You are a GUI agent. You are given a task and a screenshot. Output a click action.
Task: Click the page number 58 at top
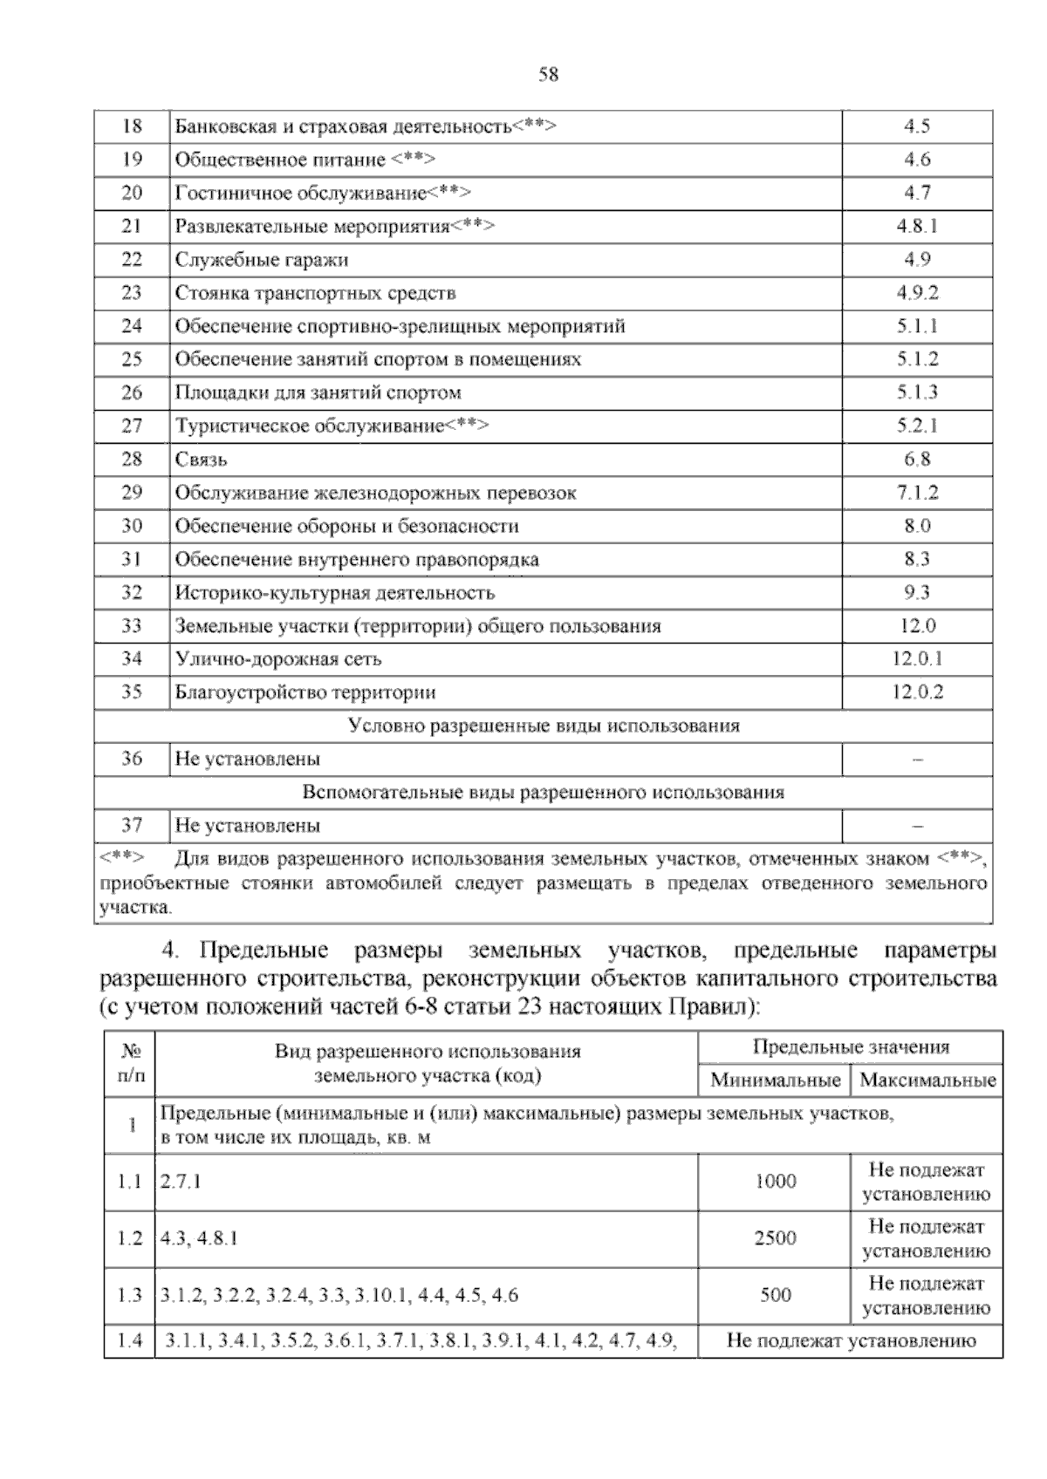[548, 75]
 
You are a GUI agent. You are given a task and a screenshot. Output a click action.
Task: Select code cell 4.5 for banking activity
[916, 126]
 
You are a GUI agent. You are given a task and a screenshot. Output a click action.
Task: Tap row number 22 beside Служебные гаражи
[132, 259]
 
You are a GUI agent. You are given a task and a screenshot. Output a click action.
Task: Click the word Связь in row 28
[202, 460]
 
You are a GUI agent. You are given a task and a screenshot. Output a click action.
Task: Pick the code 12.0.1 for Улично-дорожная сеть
[916, 659]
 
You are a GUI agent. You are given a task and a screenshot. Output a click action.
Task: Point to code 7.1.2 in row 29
[916, 493]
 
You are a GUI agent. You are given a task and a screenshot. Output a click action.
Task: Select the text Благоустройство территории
[305, 692]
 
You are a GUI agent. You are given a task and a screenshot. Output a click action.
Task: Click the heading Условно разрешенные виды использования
[543, 726]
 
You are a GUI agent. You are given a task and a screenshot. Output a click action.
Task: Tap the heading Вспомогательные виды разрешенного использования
[543, 793]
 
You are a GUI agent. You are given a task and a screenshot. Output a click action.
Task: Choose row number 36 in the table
[132, 759]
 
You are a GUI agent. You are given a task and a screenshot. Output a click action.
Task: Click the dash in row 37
[917, 826]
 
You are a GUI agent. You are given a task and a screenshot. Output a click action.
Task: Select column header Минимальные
[775, 1080]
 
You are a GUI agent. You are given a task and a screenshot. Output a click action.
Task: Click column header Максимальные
[927, 1080]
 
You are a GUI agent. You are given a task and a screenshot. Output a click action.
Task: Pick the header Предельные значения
[850, 1047]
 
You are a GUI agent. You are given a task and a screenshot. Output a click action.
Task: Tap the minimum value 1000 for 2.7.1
[775, 1182]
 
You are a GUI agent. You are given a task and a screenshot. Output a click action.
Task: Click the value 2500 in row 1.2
[775, 1238]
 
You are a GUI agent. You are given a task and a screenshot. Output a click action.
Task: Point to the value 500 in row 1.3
[775, 1295]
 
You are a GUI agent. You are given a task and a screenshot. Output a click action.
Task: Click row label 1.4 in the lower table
[129, 1341]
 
